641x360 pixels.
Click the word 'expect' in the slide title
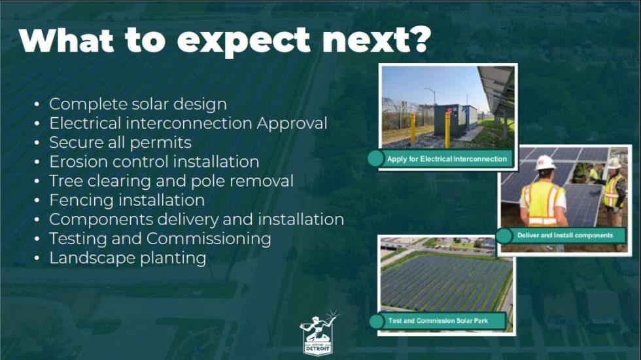242,41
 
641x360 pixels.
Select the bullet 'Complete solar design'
138,103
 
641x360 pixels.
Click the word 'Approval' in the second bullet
292,123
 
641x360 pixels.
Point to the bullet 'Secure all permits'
120,142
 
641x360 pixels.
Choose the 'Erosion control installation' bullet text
154,162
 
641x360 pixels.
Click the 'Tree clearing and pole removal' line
171,181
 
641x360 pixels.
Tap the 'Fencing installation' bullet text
127,200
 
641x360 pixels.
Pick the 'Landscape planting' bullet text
128,257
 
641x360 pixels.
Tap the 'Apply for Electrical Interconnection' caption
447,159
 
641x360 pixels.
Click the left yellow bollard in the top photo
413,129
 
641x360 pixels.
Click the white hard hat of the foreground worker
544,162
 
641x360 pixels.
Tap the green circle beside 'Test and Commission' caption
376,321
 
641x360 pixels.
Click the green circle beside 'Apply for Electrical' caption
375,158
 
